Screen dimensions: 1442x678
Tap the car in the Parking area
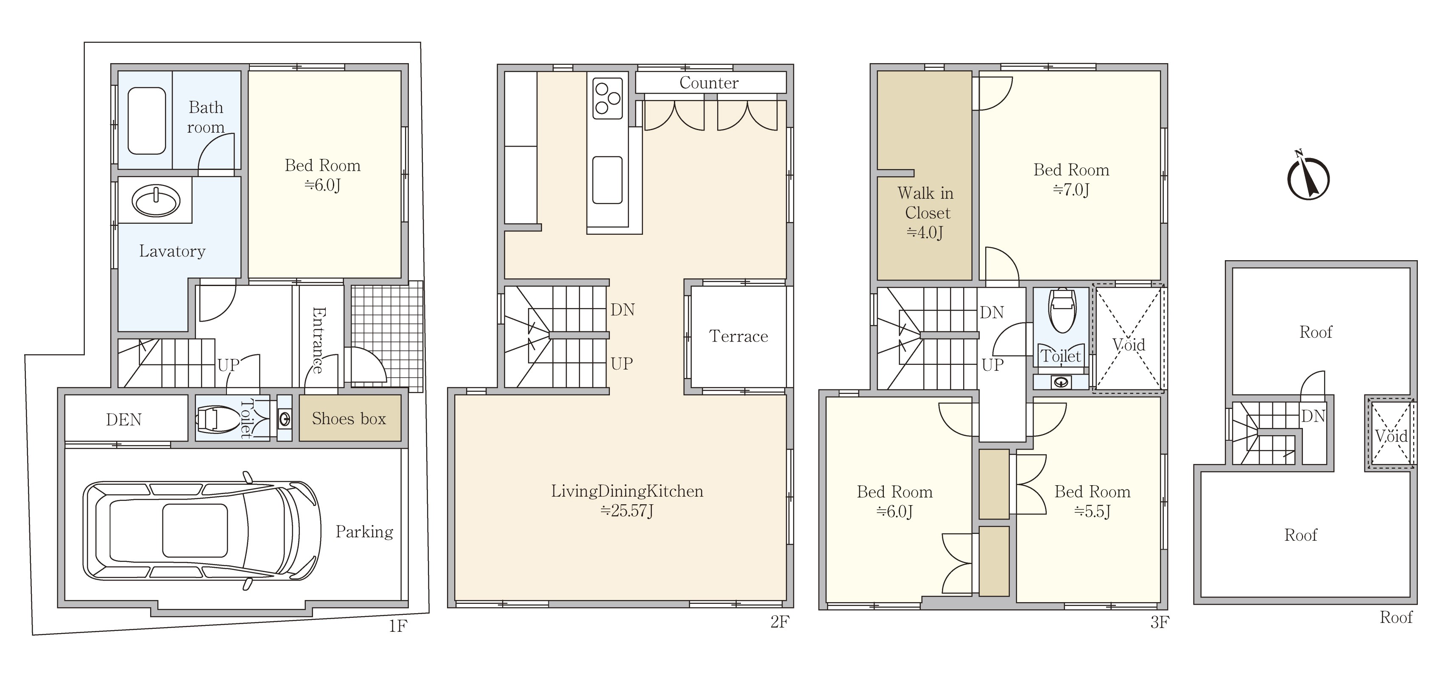[x=202, y=530]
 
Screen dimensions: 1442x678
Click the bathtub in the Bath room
[x=147, y=121]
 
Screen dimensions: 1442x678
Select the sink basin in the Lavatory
[x=156, y=201]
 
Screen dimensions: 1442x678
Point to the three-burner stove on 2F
[x=607, y=98]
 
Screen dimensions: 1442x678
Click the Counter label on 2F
[x=709, y=83]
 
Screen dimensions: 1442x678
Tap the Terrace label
[x=738, y=336]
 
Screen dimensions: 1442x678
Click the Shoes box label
[x=349, y=418]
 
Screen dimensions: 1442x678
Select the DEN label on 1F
[x=124, y=420]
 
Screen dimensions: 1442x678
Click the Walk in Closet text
[x=926, y=203]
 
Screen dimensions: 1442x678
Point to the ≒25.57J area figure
[x=626, y=511]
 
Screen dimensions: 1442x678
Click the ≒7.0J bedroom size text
[x=1071, y=190]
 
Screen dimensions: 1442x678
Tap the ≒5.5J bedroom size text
[x=1092, y=511]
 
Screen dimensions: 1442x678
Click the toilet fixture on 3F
[x=1061, y=311]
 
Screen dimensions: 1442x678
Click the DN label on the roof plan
[x=1313, y=416]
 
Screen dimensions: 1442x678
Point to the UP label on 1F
[x=229, y=365]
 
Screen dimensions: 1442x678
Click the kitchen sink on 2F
[x=607, y=180]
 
